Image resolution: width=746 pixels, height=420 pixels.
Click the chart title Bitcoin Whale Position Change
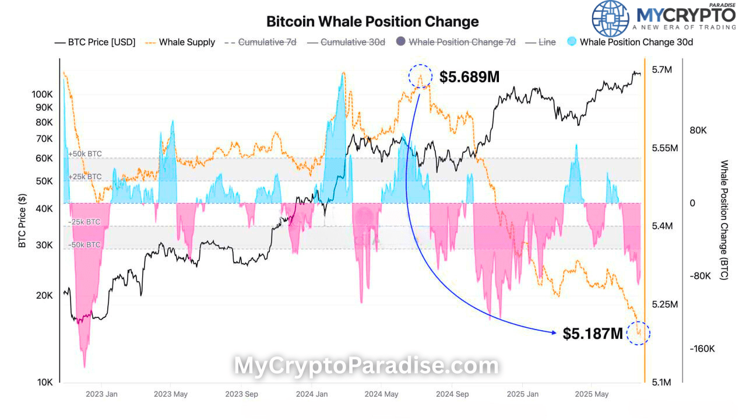pos(372,22)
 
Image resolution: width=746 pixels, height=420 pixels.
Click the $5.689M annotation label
pos(469,76)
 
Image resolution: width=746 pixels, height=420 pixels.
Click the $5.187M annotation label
pos(592,334)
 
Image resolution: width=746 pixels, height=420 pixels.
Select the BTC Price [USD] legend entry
pos(94,42)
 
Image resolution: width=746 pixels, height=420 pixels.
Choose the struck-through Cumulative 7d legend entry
pos(263,42)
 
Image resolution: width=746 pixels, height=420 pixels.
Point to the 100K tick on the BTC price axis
pos(43,94)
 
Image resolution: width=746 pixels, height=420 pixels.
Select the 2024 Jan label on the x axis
pos(312,394)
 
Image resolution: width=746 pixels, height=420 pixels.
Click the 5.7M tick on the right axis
pos(662,70)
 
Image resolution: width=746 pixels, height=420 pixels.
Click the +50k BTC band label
pos(85,154)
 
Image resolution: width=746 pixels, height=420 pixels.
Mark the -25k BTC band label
pos(85,222)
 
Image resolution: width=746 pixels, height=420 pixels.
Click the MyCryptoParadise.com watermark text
pos(366,366)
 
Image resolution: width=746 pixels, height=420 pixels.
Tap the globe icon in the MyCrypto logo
pos(611,19)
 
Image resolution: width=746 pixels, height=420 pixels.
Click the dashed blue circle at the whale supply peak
pos(420,76)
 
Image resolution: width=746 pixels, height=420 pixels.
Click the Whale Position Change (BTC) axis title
pos(724,220)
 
